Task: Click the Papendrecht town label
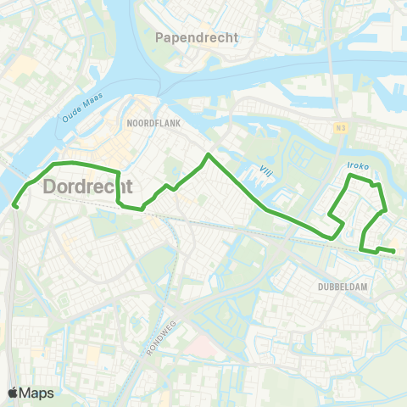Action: click(198, 37)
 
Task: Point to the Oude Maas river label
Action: click(83, 105)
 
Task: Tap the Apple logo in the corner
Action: click(14, 393)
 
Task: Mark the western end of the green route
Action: click(14, 204)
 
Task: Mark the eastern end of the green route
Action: click(394, 251)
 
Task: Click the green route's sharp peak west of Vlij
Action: click(208, 154)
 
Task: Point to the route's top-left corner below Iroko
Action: click(349, 176)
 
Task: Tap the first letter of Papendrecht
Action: click(160, 37)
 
